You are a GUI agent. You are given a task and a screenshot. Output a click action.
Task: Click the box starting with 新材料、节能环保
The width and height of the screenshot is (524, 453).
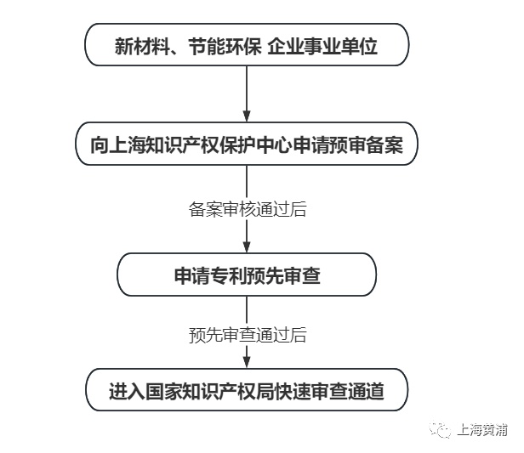(247, 45)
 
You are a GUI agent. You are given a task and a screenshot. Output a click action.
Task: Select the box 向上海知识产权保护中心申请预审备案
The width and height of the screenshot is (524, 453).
(247, 145)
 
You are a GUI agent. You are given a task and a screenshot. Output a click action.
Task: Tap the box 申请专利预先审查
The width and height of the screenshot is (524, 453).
(247, 275)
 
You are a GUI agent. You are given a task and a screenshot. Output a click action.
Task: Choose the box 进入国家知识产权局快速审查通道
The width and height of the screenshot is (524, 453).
(247, 392)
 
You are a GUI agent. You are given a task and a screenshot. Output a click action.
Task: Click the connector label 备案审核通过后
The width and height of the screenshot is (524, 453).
(247, 209)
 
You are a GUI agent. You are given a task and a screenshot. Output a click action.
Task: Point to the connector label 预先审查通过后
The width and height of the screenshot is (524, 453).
(247, 334)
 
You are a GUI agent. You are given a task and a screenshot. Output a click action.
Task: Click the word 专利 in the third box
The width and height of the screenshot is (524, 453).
(230, 275)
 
